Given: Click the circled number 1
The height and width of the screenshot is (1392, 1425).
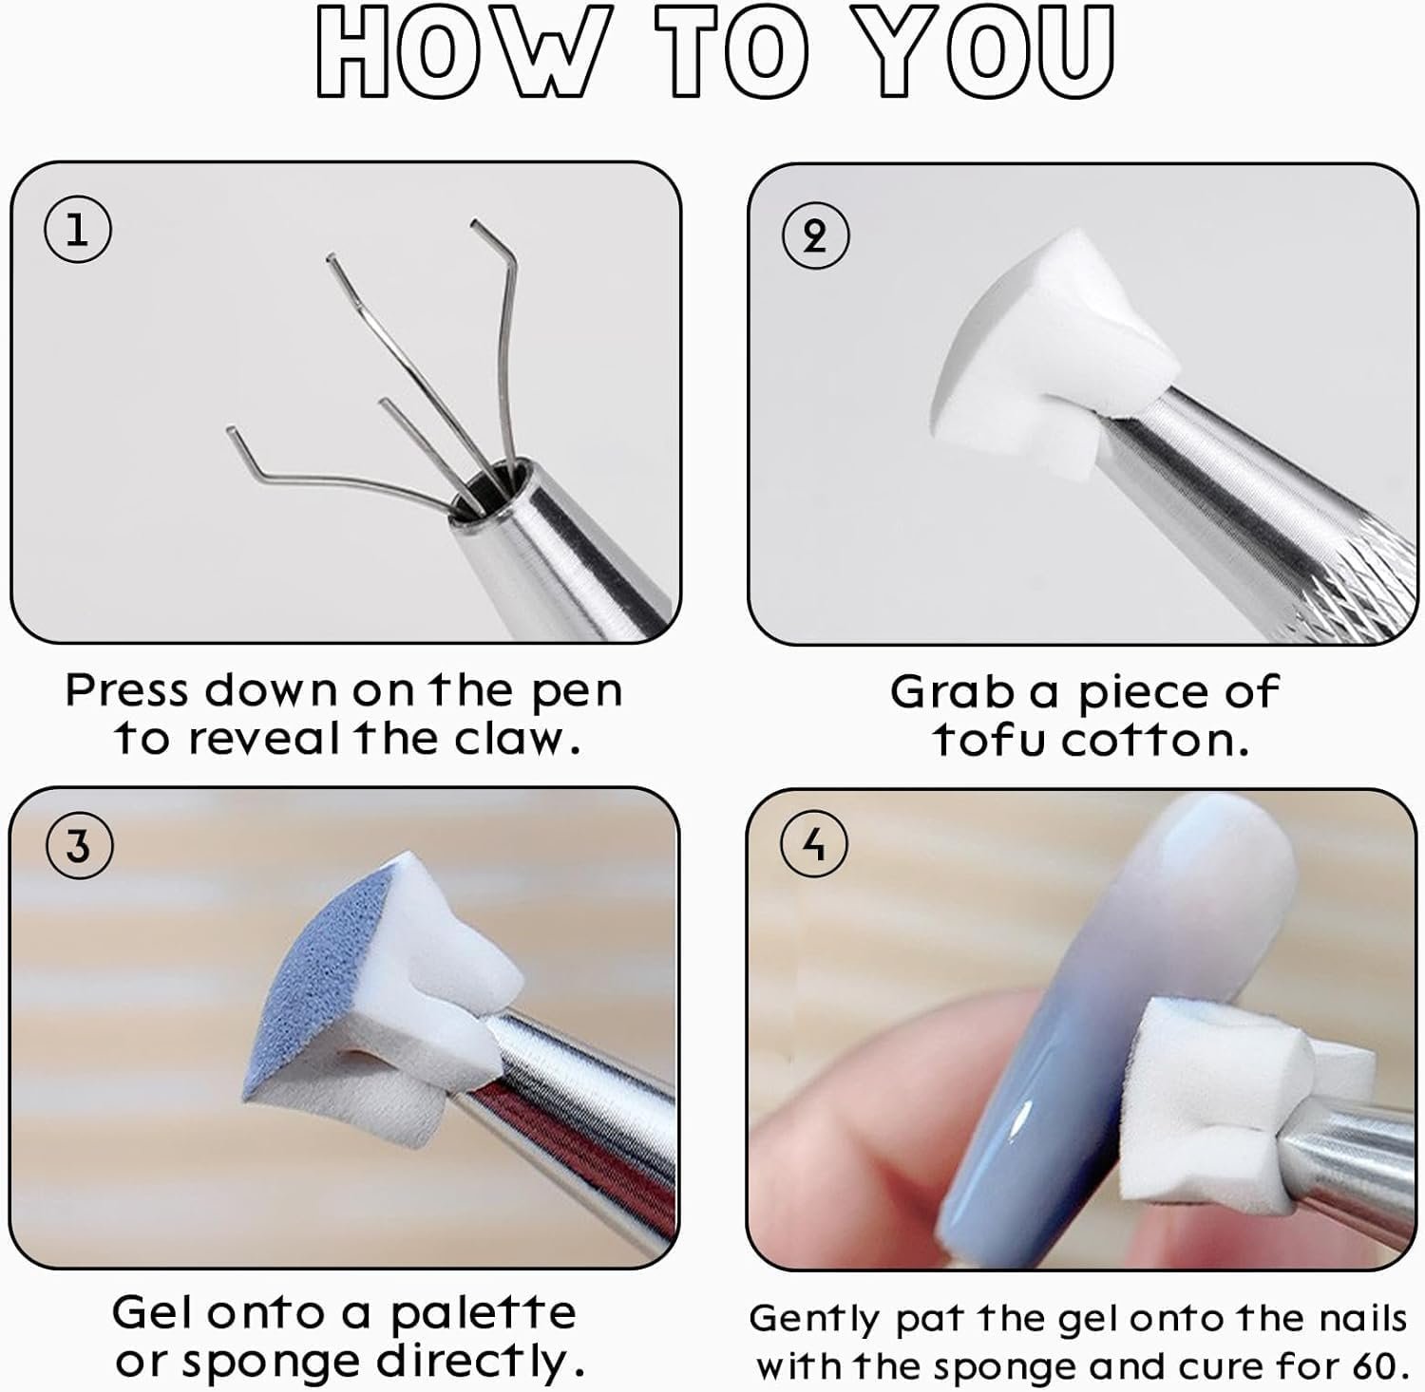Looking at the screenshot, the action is click(x=77, y=231).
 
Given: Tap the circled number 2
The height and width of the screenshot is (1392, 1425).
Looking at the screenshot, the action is click(x=815, y=236).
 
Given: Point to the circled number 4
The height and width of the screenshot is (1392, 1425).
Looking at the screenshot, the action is click(x=814, y=843).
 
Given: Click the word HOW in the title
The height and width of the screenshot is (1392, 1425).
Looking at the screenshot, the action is click(x=459, y=52).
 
